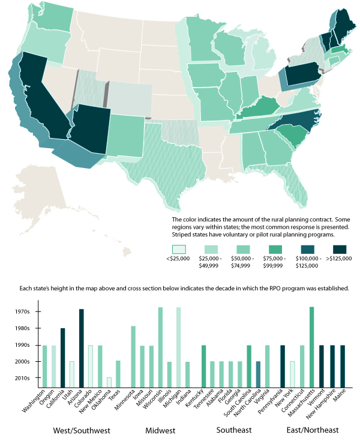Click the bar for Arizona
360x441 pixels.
tap(82, 347)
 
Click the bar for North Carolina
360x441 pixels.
tap(258, 373)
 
